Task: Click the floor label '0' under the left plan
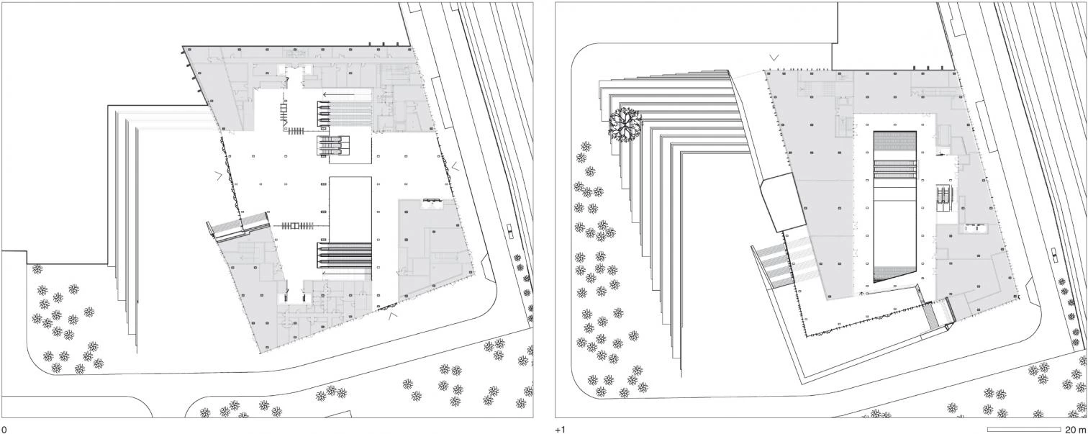coord(3,430)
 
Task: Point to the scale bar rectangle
coord(1024,429)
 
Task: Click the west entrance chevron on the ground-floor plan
coord(219,176)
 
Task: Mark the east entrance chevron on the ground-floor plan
coord(455,166)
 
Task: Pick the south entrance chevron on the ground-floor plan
coord(393,316)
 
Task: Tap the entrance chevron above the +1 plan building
coord(774,58)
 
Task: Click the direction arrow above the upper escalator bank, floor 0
coord(348,95)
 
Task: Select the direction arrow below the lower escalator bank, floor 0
coord(347,273)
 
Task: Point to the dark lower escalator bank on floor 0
coord(345,256)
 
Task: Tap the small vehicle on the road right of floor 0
coord(509,230)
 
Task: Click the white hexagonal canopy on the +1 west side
coord(784,203)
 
